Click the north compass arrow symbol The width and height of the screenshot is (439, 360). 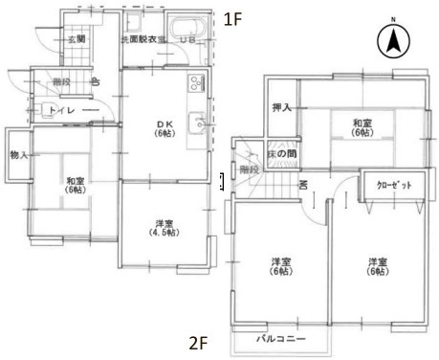coord(393,40)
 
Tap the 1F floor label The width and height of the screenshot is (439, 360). coord(231,19)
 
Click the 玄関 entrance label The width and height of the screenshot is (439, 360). coord(76,39)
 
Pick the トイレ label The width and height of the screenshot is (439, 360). coord(62,111)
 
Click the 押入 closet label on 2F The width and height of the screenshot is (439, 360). coord(281,106)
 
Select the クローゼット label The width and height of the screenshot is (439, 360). coord(393,185)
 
